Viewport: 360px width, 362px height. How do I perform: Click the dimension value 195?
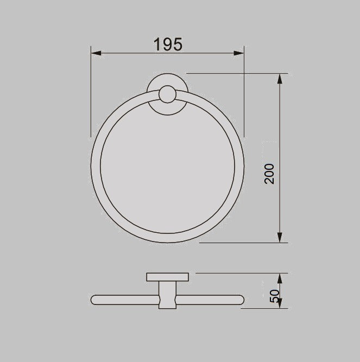(167, 45)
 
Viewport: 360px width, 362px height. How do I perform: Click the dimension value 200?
(270, 174)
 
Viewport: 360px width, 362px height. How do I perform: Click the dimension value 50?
(274, 296)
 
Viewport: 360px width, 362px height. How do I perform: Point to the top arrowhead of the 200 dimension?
(280, 79)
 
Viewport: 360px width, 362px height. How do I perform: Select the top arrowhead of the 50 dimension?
(280, 278)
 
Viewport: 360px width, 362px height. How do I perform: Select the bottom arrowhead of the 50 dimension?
(280, 304)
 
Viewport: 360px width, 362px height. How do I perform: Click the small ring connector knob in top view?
(167, 97)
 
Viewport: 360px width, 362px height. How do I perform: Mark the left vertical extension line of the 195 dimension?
(91, 92)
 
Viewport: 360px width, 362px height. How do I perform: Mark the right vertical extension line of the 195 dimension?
(244, 92)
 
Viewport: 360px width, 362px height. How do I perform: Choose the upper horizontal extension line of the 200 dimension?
(233, 73)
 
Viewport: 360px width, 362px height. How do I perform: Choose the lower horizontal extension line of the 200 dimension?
(239, 243)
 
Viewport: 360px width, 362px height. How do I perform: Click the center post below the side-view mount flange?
(167, 296)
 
